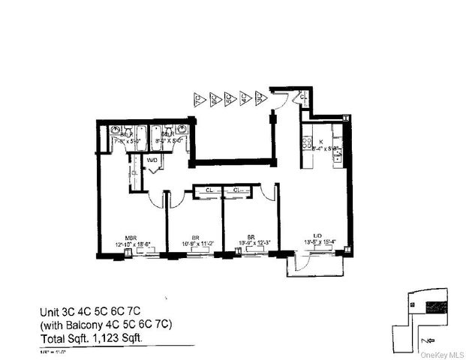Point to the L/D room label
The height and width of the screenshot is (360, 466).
pyautogui.click(x=317, y=235)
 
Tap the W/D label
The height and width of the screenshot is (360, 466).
pyautogui.click(x=152, y=160)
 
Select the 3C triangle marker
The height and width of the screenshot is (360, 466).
pyautogui.click(x=260, y=98)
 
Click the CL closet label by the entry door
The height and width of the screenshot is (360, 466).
pyautogui.click(x=302, y=96)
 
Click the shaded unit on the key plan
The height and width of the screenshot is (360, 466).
pyautogui.click(x=434, y=307)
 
